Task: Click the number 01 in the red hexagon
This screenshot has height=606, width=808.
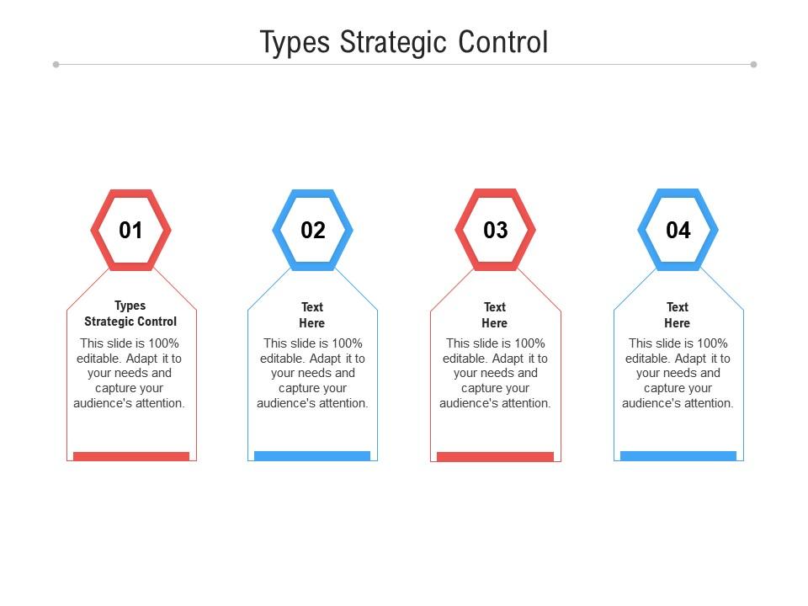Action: pos(130,230)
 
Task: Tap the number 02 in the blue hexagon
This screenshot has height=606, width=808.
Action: pos(313,230)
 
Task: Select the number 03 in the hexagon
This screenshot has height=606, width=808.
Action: pos(496,230)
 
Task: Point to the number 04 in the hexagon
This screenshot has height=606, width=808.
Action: pos(678,230)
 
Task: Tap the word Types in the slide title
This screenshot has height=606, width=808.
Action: pos(295,43)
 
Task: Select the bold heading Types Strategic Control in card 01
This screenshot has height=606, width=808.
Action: pos(130,313)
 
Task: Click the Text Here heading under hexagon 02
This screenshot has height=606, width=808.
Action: pos(312,315)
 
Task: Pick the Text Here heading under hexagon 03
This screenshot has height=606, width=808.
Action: pos(495,315)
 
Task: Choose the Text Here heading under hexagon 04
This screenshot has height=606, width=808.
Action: pos(678,315)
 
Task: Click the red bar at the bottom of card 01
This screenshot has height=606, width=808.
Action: pos(131,456)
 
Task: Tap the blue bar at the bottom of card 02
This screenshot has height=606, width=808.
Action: pos(312,456)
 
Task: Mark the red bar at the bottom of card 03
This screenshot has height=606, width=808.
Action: pos(495,456)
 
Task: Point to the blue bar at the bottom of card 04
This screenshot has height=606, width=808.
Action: pos(678,456)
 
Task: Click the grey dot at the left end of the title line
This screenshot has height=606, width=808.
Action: pos(56,64)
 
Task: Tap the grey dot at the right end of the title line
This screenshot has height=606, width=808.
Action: pos(753,64)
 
